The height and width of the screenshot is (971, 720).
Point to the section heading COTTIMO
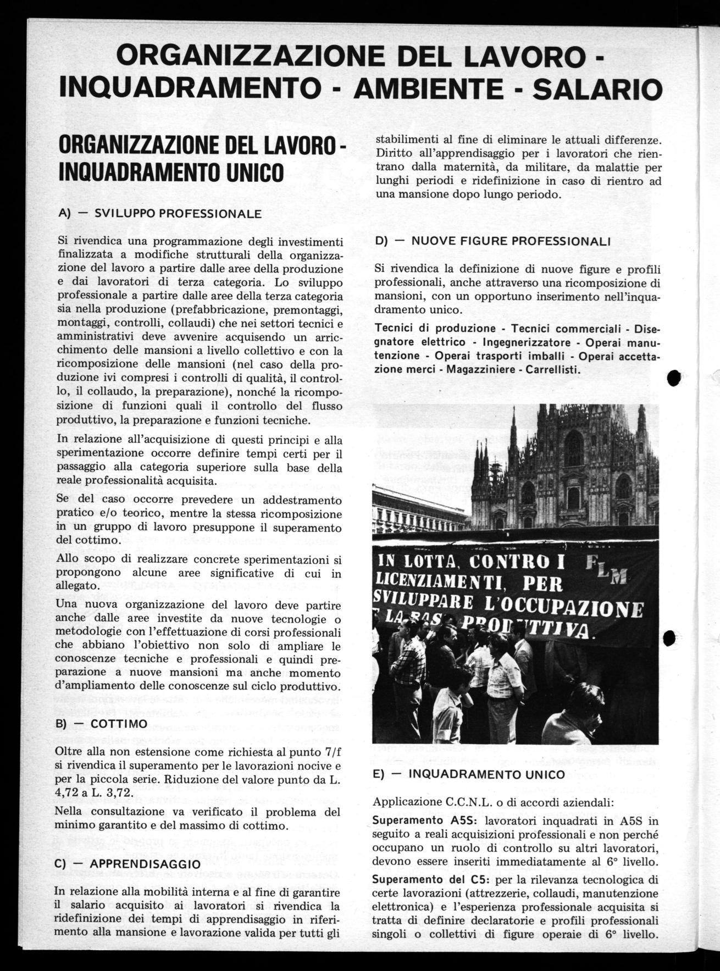pos(119,724)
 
